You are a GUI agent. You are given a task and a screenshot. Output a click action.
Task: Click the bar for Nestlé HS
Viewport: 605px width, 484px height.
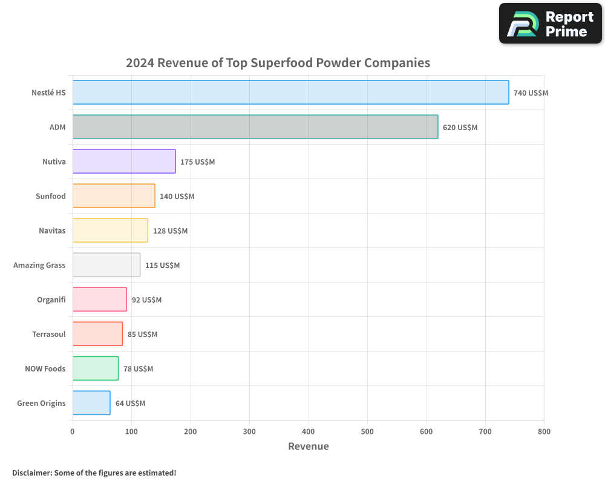coord(290,93)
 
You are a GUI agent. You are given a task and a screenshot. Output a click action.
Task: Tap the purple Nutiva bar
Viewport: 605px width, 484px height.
coord(124,162)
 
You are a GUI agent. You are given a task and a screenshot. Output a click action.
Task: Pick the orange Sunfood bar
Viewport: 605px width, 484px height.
coord(114,196)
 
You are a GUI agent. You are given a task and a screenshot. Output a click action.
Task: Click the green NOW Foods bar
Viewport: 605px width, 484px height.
coord(96,368)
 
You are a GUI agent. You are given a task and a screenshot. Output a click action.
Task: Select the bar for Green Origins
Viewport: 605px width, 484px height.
coord(91,403)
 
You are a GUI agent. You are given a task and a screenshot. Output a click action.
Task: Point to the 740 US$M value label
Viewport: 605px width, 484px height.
coord(531,93)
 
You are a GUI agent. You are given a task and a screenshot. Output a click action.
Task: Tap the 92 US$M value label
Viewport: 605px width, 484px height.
coord(146,300)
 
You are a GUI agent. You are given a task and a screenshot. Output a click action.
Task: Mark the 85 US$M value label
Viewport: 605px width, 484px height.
coord(142,335)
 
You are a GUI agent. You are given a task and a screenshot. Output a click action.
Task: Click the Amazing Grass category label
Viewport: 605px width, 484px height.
coord(39,265)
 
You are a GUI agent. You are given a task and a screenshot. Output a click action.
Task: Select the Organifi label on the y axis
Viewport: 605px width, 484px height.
coord(51,299)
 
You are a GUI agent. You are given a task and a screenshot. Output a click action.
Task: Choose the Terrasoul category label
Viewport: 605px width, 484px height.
coord(49,334)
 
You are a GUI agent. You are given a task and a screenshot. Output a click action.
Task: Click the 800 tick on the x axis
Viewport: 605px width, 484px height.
coord(544,431)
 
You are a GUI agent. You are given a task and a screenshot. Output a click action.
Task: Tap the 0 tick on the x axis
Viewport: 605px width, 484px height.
coord(73,431)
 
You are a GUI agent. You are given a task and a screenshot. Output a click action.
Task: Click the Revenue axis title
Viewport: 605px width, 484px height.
coord(309,446)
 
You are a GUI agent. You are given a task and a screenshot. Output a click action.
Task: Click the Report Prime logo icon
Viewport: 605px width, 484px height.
coord(522,24)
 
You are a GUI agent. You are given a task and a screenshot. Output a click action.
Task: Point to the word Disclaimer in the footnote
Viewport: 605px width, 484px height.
coord(31,473)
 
